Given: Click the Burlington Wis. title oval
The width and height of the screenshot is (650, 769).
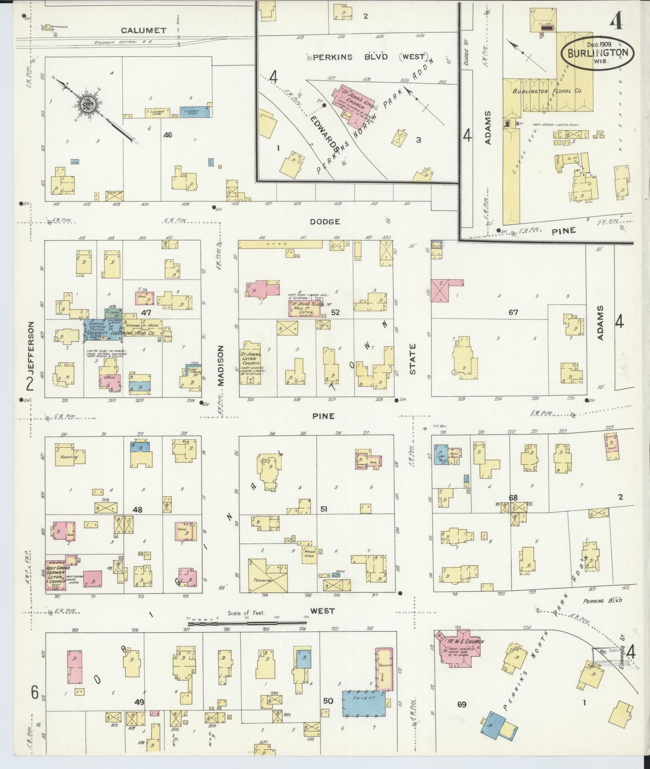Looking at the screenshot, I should point(597,53).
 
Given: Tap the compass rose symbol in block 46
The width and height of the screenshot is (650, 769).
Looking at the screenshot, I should point(85,105).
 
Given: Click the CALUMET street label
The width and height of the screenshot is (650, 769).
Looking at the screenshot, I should point(143,31).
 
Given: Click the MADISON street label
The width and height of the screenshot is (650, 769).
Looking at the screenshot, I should point(220,365).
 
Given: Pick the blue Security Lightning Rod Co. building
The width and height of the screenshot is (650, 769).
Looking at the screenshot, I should point(103,331).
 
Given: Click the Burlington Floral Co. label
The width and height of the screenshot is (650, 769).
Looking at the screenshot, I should point(547,91).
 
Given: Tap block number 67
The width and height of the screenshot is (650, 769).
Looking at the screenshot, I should point(513,312).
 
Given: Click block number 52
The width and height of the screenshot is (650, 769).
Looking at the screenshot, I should point(335,312).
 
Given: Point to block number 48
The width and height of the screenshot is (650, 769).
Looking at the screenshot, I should point(138,510).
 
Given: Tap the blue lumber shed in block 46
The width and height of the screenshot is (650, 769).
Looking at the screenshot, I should point(195,112).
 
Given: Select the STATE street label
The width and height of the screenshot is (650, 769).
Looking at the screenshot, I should point(412,359).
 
